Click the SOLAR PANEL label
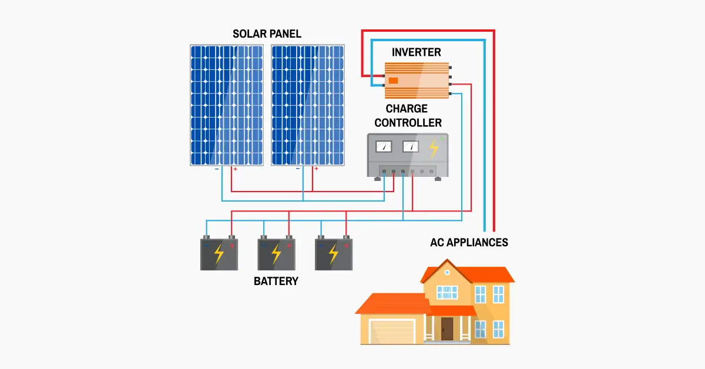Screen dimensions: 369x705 point(267,33)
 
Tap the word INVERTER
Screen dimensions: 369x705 point(416,52)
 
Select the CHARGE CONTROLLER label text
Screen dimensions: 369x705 point(408,116)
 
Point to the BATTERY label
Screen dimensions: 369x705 point(276,281)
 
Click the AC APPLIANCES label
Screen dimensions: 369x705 point(469,242)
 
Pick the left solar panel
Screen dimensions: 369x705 point(226,105)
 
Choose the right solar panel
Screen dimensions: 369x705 point(307,105)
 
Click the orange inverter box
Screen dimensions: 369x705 point(417,80)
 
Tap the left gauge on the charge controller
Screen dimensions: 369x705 point(384,146)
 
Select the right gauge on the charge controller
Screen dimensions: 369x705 point(411,146)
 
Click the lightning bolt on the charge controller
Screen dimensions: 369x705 point(434,147)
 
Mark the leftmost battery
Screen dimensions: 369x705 point(219,254)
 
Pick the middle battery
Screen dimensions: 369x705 point(276,254)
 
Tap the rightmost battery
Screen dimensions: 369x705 point(333,254)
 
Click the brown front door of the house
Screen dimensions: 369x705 point(447,328)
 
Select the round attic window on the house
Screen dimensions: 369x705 point(446,273)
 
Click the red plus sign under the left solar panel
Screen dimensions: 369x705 point(235,169)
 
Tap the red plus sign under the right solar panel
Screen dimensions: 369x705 point(316,169)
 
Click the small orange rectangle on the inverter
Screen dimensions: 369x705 point(393,80)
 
